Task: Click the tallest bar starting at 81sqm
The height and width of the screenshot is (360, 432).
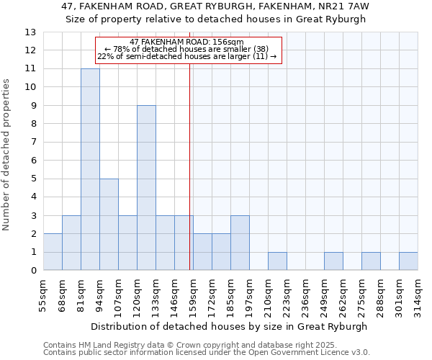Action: click(90, 169)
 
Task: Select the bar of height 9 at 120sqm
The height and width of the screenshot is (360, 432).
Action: click(146, 188)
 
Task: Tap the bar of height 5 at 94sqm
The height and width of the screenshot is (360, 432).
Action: click(109, 225)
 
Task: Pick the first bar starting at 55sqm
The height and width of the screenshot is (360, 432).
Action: click(53, 252)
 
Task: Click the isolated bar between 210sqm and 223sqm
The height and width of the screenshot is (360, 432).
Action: click(277, 261)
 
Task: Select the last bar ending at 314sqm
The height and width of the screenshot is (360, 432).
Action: click(408, 261)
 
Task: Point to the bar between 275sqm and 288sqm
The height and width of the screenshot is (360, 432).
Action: click(371, 261)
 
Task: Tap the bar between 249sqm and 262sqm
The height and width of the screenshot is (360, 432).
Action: click(333, 261)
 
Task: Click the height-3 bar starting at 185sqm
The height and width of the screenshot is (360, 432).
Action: click(240, 243)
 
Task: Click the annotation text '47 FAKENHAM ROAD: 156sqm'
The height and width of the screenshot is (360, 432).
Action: click(187, 42)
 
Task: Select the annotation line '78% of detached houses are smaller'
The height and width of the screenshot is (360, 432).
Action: click(187, 49)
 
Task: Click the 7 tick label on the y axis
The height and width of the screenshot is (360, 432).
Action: click(33, 142)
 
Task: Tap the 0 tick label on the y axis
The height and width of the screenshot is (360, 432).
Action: click(33, 271)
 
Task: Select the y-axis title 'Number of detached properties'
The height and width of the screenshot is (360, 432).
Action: click(7, 156)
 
